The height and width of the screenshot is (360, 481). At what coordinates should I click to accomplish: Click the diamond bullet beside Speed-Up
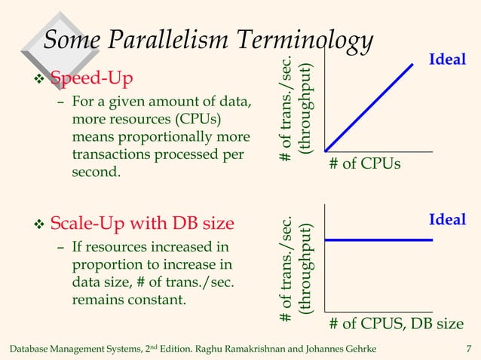[x=40, y=78]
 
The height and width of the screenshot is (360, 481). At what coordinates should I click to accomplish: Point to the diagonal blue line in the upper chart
[x=369, y=107]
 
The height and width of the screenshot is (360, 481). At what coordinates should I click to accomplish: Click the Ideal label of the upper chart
[x=447, y=59]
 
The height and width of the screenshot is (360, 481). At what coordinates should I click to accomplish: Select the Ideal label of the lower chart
[x=447, y=219]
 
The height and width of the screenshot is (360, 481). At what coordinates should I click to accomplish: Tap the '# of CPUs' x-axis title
[x=365, y=163]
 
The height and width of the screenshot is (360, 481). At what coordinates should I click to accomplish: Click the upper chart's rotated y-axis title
[x=295, y=108]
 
